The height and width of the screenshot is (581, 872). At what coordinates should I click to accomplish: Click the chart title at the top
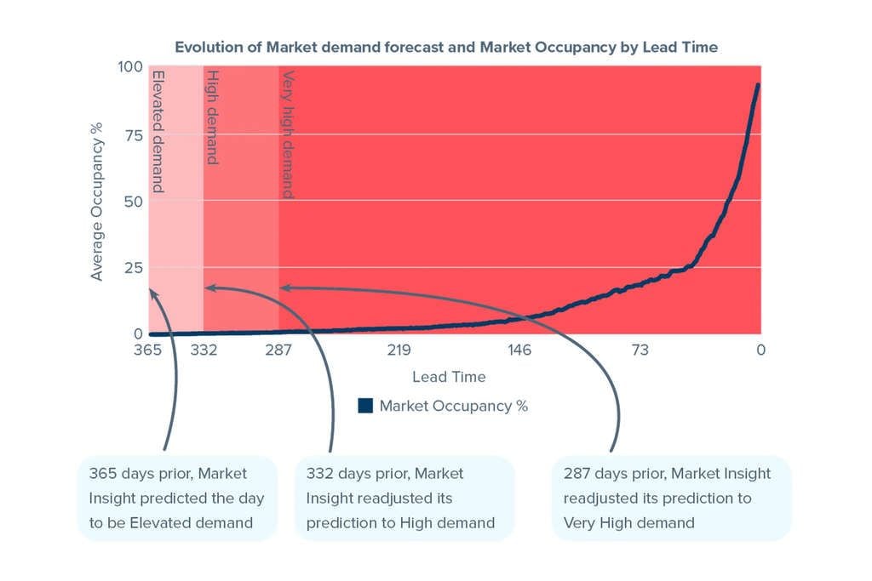coord(446,47)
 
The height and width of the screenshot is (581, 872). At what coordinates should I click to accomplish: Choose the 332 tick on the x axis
coord(204,350)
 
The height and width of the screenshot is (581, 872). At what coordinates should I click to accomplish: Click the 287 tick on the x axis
coord(278,350)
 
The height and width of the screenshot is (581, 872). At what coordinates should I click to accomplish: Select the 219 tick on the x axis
coord(399,350)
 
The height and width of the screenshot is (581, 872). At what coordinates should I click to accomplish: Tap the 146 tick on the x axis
coord(519,350)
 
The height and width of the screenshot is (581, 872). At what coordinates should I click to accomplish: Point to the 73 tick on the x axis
coord(640,350)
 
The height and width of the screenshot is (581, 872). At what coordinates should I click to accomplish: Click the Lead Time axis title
coord(449,377)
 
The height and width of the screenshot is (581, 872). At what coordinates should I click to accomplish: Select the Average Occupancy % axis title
coord(97,202)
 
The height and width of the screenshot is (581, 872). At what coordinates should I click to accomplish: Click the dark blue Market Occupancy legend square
coord(365,406)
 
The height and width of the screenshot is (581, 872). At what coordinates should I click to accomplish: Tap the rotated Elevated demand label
coord(158,131)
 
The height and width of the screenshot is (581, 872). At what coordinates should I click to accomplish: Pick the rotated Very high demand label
coord(289,134)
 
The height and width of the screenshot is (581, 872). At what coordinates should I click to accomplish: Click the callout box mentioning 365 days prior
coord(177,498)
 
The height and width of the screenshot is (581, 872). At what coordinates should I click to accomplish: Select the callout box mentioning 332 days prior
coord(403,498)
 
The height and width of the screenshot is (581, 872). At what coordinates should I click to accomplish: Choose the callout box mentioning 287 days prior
coord(671,498)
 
